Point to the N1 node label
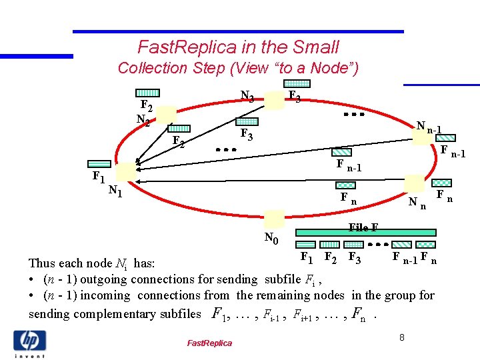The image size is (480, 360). (115, 192)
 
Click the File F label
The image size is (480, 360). (363, 228)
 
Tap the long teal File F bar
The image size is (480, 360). (365, 233)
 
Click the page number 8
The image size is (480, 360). (402, 338)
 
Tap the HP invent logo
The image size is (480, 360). (29, 343)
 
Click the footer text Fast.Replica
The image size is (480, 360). (209, 343)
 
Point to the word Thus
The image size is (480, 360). (43, 263)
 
